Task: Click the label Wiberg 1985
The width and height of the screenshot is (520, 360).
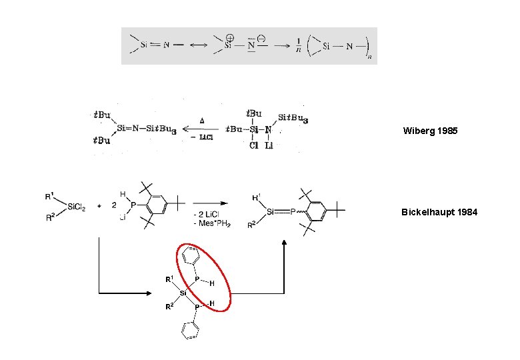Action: coord(430,131)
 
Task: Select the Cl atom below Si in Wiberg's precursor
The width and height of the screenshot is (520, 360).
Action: coord(253,146)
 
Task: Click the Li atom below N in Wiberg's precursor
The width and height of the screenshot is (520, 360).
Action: coord(269,146)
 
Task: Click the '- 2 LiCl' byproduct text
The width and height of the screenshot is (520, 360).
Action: coord(210,214)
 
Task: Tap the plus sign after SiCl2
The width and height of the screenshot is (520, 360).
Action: coord(99,207)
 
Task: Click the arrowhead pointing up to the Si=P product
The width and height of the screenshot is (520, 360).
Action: coord(285,243)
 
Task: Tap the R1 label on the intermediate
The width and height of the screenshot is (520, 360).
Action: coord(170,279)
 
